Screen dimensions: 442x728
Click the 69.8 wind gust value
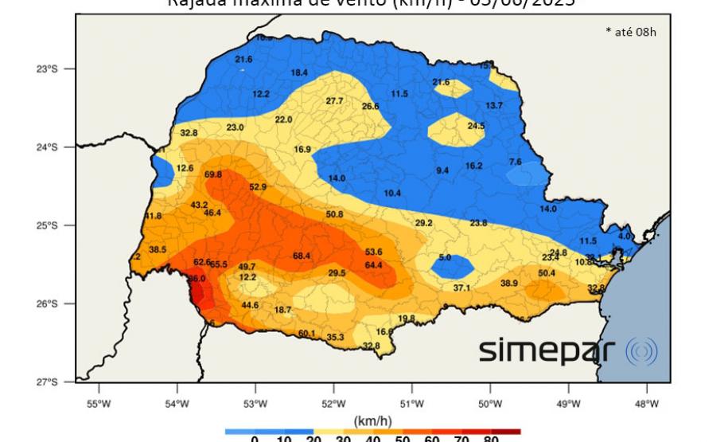[x=213, y=174]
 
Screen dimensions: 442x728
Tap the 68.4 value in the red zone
[x=302, y=256]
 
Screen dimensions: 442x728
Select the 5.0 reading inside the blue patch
[x=445, y=258]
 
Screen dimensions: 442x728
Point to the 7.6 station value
[x=516, y=162]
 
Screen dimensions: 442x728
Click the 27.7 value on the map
[x=334, y=101]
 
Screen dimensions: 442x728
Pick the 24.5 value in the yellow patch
[x=476, y=126]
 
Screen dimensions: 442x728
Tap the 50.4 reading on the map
[x=547, y=273]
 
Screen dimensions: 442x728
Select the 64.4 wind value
[x=374, y=265]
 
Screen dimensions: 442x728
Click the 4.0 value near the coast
[x=624, y=237]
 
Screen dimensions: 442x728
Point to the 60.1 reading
[x=307, y=333]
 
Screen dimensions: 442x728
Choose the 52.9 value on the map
[x=258, y=187]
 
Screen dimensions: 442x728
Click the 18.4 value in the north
[x=299, y=72]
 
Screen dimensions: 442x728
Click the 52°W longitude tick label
[x=333, y=403]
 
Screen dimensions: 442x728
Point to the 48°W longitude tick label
[x=647, y=403]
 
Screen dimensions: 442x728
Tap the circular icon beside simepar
[x=641, y=351]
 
